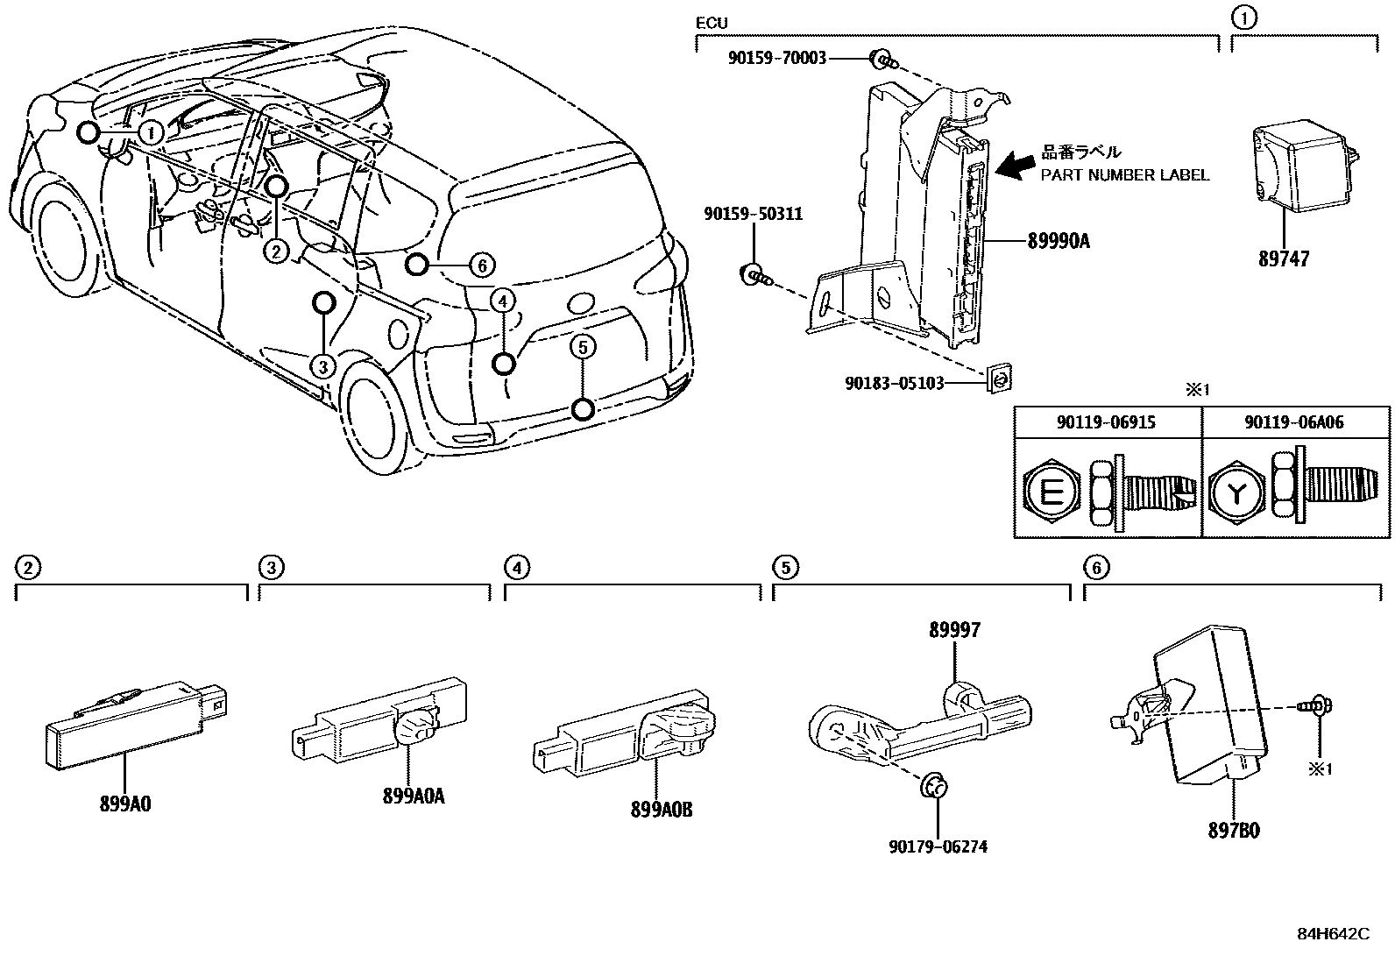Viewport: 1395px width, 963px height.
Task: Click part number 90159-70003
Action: point(776,59)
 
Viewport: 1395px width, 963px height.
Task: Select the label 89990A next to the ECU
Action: point(1058,241)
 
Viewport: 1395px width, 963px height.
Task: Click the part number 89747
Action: point(1284,258)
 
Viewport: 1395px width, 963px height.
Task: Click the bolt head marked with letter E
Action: point(1052,494)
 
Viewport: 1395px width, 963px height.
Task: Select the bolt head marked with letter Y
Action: point(1236,494)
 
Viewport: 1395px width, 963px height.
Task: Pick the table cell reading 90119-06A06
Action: point(1293,422)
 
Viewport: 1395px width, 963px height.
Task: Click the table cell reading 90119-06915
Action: point(1106,422)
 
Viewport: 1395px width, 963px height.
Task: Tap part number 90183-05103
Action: point(895,383)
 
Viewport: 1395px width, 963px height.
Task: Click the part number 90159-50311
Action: point(753,214)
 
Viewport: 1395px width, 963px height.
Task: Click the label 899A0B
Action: point(661,811)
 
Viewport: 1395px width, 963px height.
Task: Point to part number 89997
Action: point(955,629)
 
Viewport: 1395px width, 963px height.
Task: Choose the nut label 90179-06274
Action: point(937,846)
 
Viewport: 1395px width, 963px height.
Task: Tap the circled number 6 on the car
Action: point(481,264)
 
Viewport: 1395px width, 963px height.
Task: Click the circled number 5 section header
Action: point(785,568)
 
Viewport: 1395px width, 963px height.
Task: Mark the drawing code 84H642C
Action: point(1333,933)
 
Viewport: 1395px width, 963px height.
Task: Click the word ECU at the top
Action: point(711,24)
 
